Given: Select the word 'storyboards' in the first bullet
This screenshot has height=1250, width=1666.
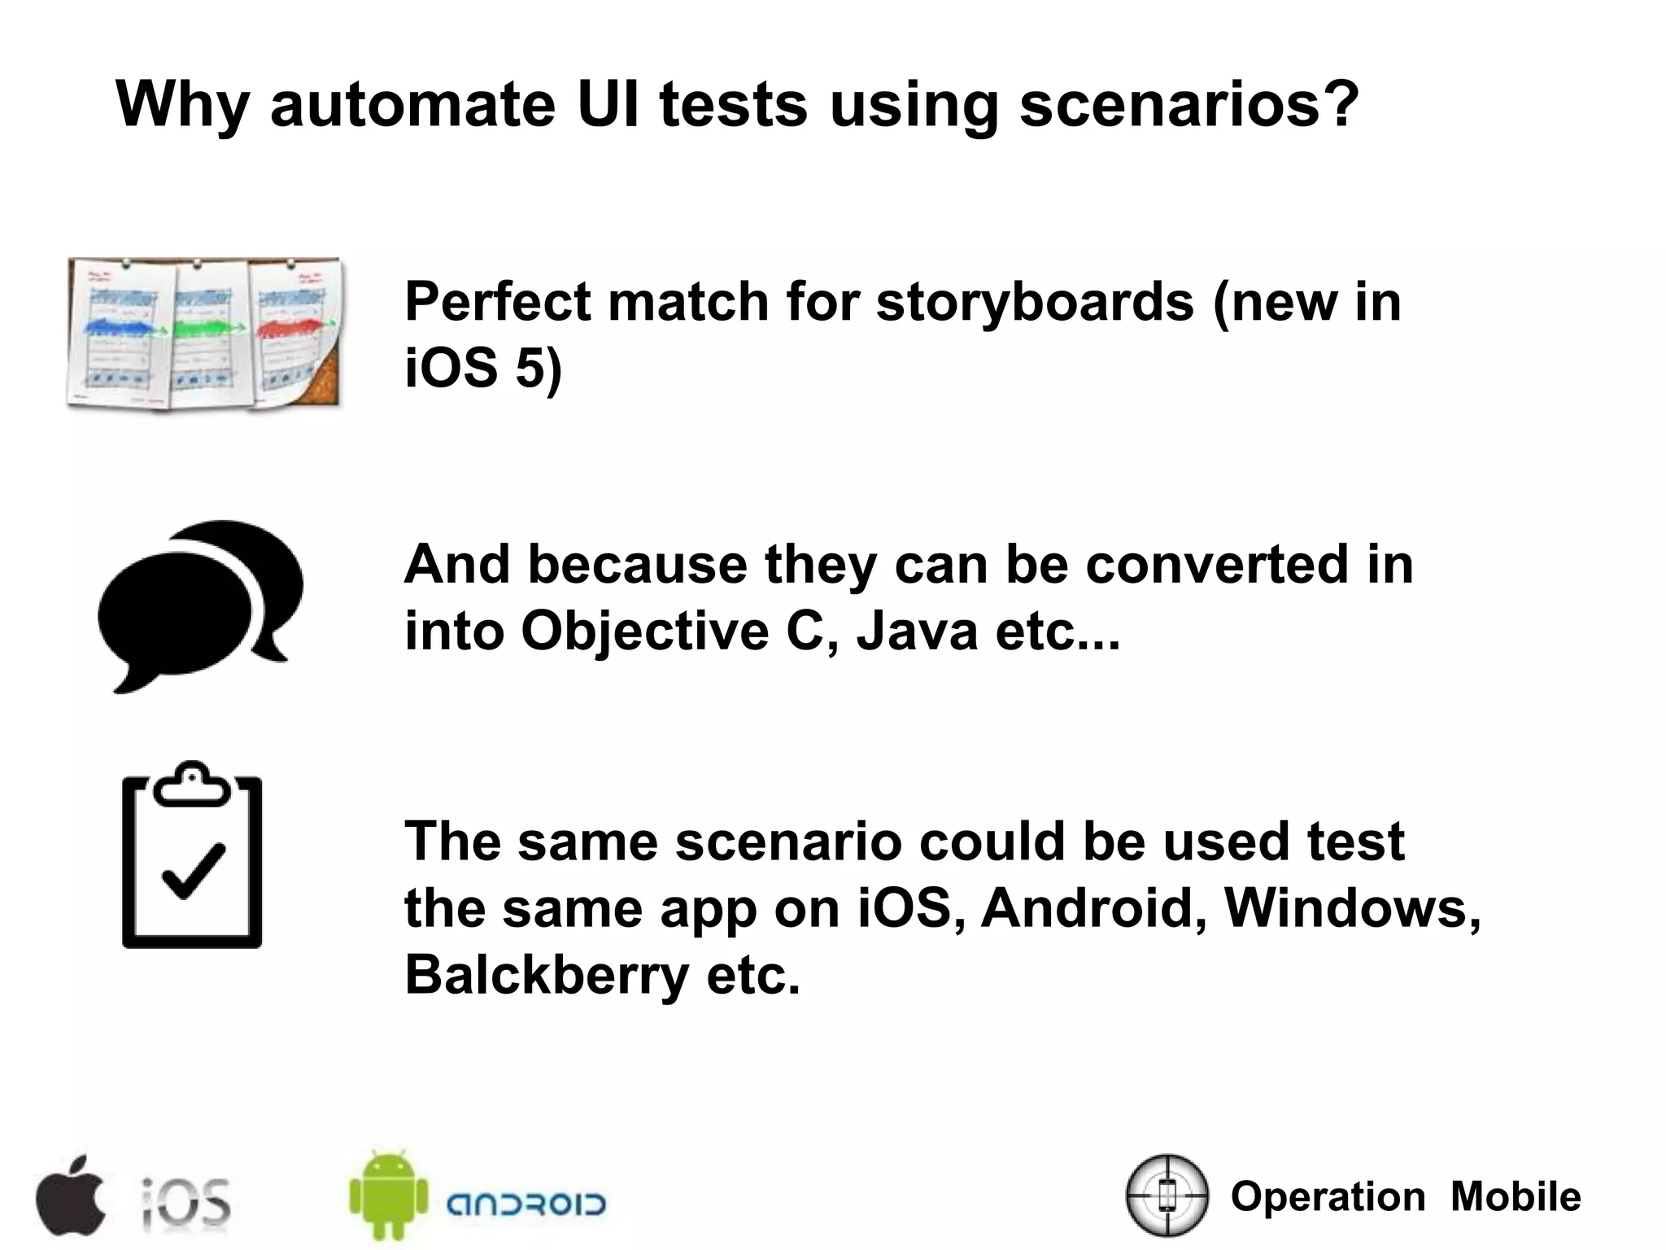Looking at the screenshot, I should coord(1034,302).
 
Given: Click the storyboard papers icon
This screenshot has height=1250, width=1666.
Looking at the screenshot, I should coord(204,333).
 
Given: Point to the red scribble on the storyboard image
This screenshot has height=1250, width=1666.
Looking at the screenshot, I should coord(290,328).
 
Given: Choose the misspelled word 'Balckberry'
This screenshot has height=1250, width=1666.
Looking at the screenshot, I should coord(547,975).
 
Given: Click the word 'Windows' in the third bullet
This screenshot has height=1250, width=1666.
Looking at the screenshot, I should coord(1350,907).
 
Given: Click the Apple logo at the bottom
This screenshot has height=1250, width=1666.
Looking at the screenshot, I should coord(70,1195).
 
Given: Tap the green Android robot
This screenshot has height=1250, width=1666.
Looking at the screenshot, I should coord(388,1194).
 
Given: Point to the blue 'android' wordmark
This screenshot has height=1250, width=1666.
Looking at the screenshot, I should coord(526,1204).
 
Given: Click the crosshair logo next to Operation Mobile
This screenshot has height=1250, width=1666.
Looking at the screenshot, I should coord(1167,1195).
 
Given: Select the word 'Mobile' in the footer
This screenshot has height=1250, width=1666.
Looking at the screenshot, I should coord(1516,1196).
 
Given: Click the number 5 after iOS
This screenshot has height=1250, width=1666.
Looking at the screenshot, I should coord(529,368).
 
